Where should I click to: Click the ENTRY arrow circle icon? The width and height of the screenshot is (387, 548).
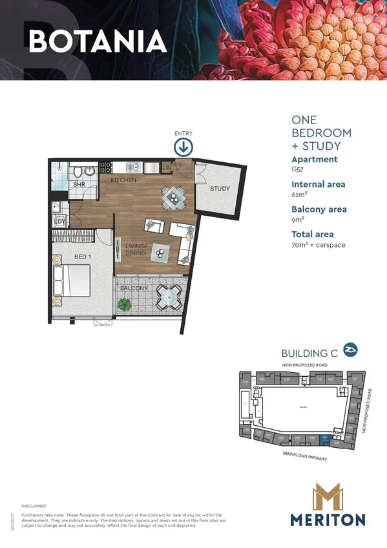(x=183, y=147)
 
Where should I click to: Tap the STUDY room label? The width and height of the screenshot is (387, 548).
(x=220, y=189)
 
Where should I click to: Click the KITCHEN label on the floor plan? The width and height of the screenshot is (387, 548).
(x=123, y=180)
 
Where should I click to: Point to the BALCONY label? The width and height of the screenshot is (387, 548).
(x=134, y=288)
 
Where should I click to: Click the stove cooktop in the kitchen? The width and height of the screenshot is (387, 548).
(x=105, y=167)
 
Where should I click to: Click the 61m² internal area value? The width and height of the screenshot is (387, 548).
(x=300, y=195)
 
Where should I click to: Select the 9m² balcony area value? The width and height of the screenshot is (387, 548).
(x=298, y=220)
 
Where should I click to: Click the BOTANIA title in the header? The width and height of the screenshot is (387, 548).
(x=97, y=41)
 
